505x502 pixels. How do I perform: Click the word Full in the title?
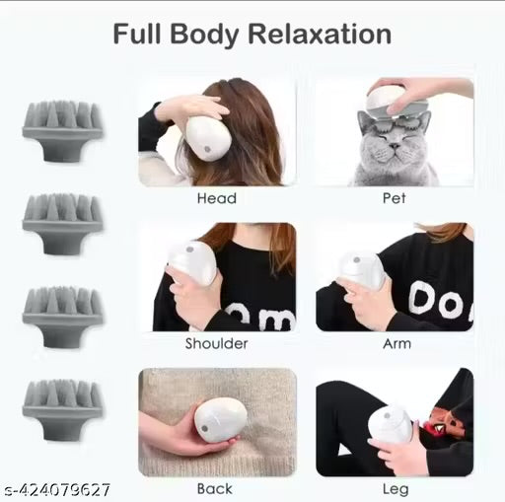click(140, 35)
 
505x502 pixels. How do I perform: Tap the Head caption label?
click(216, 198)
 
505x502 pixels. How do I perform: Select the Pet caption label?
click(394, 198)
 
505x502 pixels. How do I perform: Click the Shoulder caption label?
click(216, 344)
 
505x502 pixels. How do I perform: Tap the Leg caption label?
click(394, 488)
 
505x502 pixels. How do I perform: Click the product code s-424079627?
click(56, 489)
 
